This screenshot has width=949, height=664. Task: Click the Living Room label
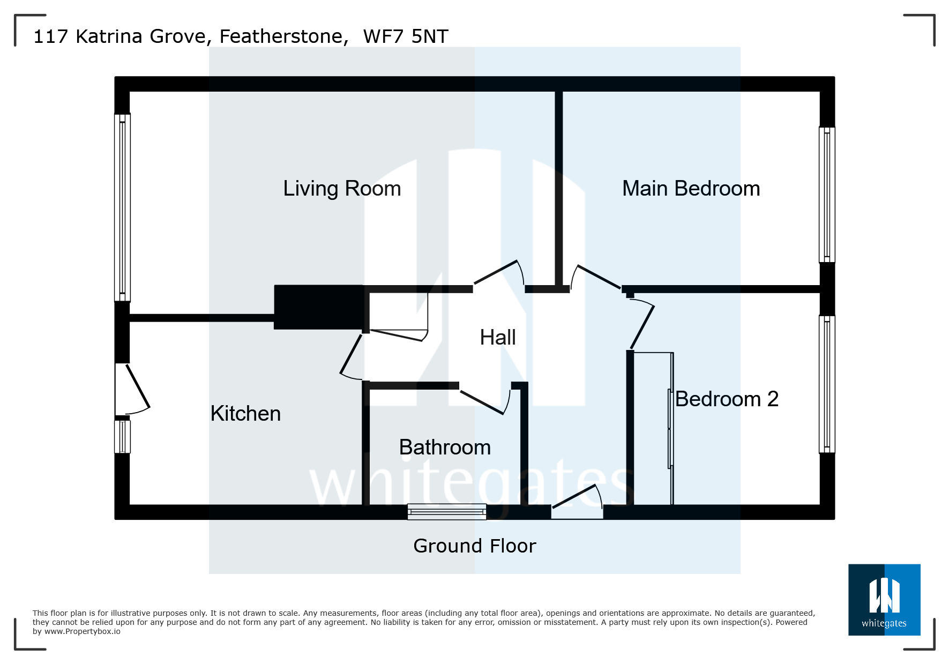tap(342, 189)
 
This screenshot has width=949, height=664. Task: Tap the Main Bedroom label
tap(691, 189)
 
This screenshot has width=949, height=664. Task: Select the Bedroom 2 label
tap(727, 399)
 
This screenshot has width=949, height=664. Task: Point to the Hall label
tap(497, 338)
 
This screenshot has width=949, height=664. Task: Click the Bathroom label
tap(445, 447)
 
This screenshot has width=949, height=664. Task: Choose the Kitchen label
tap(245, 414)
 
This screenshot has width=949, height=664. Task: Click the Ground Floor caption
tap(474, 546)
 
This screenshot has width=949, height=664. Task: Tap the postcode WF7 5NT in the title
tap(406, 36)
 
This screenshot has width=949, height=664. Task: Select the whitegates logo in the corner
tap(884, 599)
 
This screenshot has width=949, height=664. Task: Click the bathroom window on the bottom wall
tap(446, 512)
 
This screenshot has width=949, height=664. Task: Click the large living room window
tap(122, 207)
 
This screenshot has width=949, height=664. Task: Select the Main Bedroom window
tap(827, 195)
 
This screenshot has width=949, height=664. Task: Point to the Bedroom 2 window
tap(827, 384)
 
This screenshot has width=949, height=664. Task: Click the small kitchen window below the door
tap(122, 437)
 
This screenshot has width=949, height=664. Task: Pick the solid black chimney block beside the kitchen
tap(319, 307)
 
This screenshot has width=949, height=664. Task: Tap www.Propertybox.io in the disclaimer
tap(83, 632)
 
